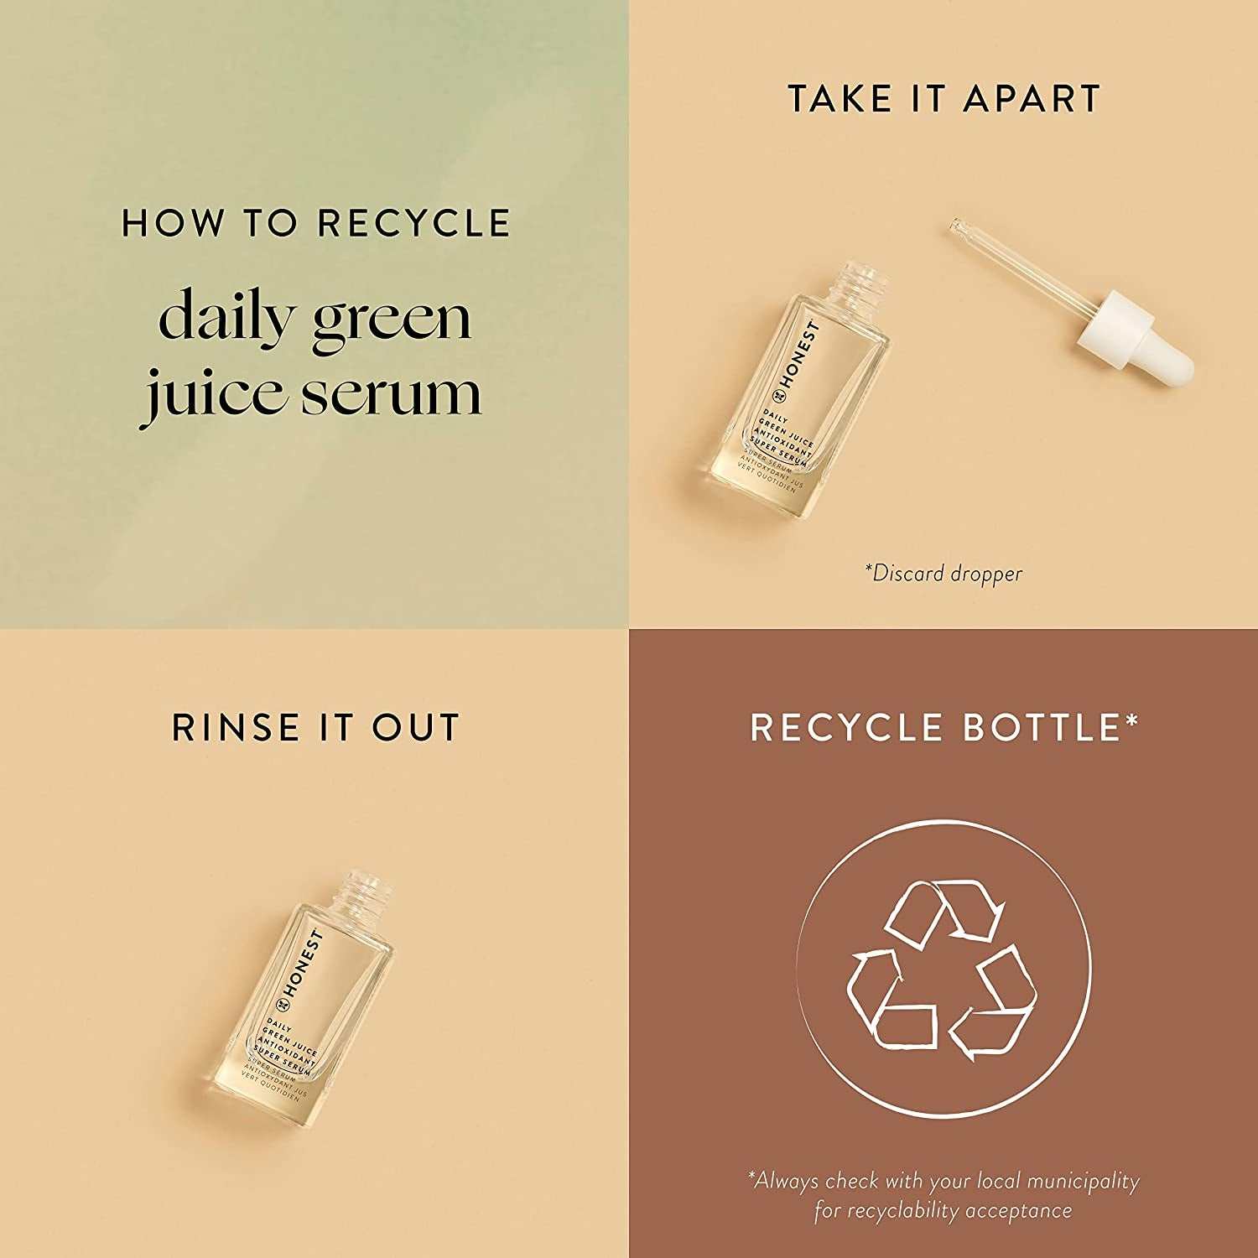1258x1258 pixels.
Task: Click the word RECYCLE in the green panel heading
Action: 414,223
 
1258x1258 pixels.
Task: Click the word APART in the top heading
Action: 1032,99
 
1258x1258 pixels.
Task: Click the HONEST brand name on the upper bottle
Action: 797,356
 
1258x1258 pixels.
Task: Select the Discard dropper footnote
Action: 943,574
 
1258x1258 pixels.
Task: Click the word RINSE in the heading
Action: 237,727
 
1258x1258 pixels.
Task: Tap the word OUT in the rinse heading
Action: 417,727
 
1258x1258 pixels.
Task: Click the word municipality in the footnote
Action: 1083,1182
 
